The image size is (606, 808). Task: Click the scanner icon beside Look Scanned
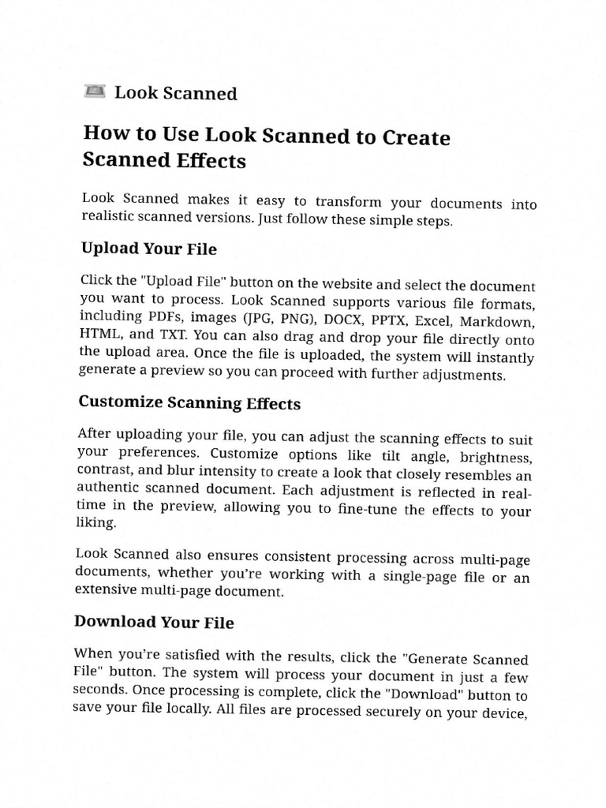point(94,92)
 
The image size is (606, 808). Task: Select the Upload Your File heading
point(149,249)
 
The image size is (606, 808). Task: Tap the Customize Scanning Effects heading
point(189,403)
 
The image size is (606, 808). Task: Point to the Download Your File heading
point(154,623)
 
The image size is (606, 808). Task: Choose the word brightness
point(497,459)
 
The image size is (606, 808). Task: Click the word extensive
point(107,589)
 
